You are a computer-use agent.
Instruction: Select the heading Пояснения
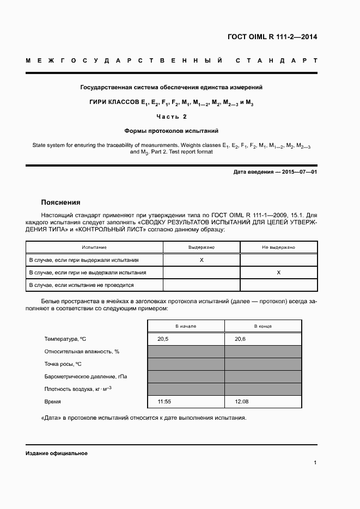click(x=60, y=201)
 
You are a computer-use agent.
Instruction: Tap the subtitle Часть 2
click(x=171, y=116)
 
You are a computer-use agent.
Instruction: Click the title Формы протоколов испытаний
click(x=171, y=131)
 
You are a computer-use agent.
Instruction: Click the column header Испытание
click(x=94, y=247)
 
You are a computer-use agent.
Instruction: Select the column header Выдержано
click(x=202, y=247)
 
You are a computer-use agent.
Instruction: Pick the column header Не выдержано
click(x=278, y=247)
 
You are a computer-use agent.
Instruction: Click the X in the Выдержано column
click(x=202, y=260)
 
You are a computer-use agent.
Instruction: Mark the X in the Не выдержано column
click(x=278, y=272)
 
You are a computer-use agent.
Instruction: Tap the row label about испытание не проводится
click(x=81, y=285)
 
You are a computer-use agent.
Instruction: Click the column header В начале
click(x=186, y=326)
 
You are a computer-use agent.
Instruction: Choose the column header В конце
click(x=263, y=326)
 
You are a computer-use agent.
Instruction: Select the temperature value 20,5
click(x=163, y=339)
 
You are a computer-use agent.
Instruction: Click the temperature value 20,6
click(x=240, y=339)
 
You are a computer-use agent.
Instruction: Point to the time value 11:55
click(x=164, y=402)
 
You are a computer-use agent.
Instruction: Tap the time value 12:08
click(x=241, y=402)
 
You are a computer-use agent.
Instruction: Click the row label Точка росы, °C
click(x=63, y=364)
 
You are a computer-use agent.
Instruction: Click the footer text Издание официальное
click(x=57, y=453)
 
